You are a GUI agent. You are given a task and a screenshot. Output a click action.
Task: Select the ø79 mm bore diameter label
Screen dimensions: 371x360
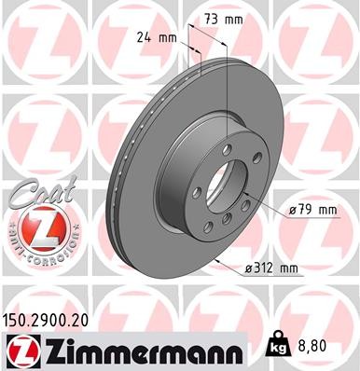312,210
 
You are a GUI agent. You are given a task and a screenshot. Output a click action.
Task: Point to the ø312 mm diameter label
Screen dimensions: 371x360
270,269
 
